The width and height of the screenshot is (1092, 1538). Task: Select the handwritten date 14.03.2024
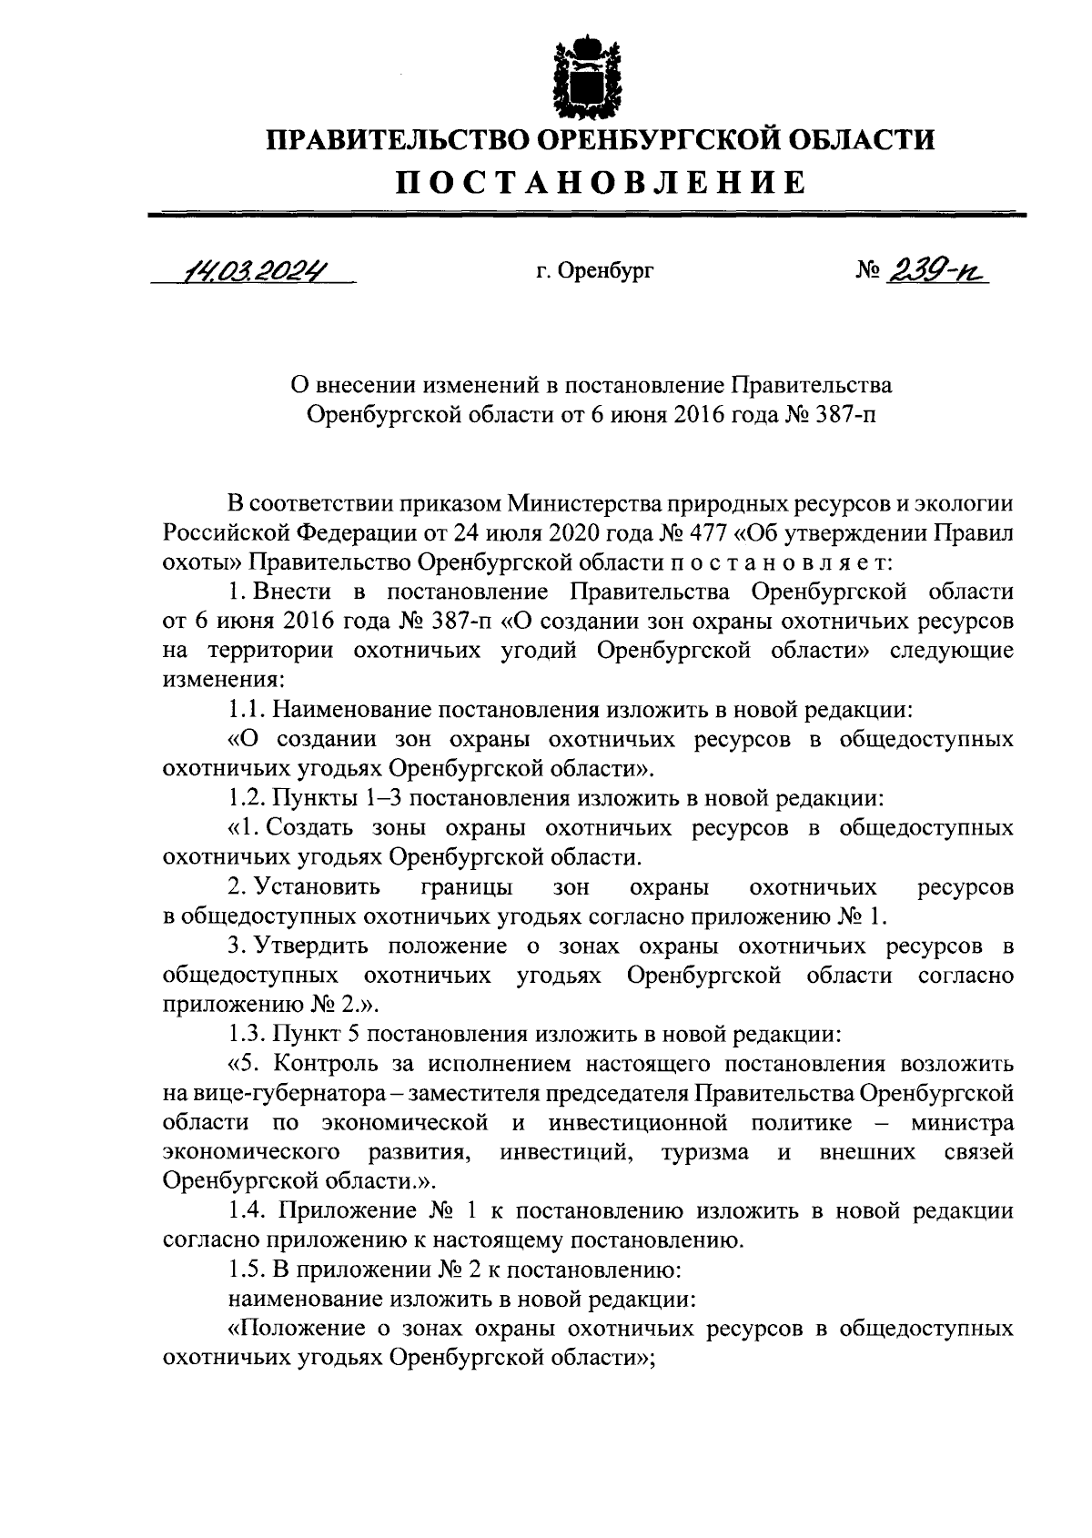254,270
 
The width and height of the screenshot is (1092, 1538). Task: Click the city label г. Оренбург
594,270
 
